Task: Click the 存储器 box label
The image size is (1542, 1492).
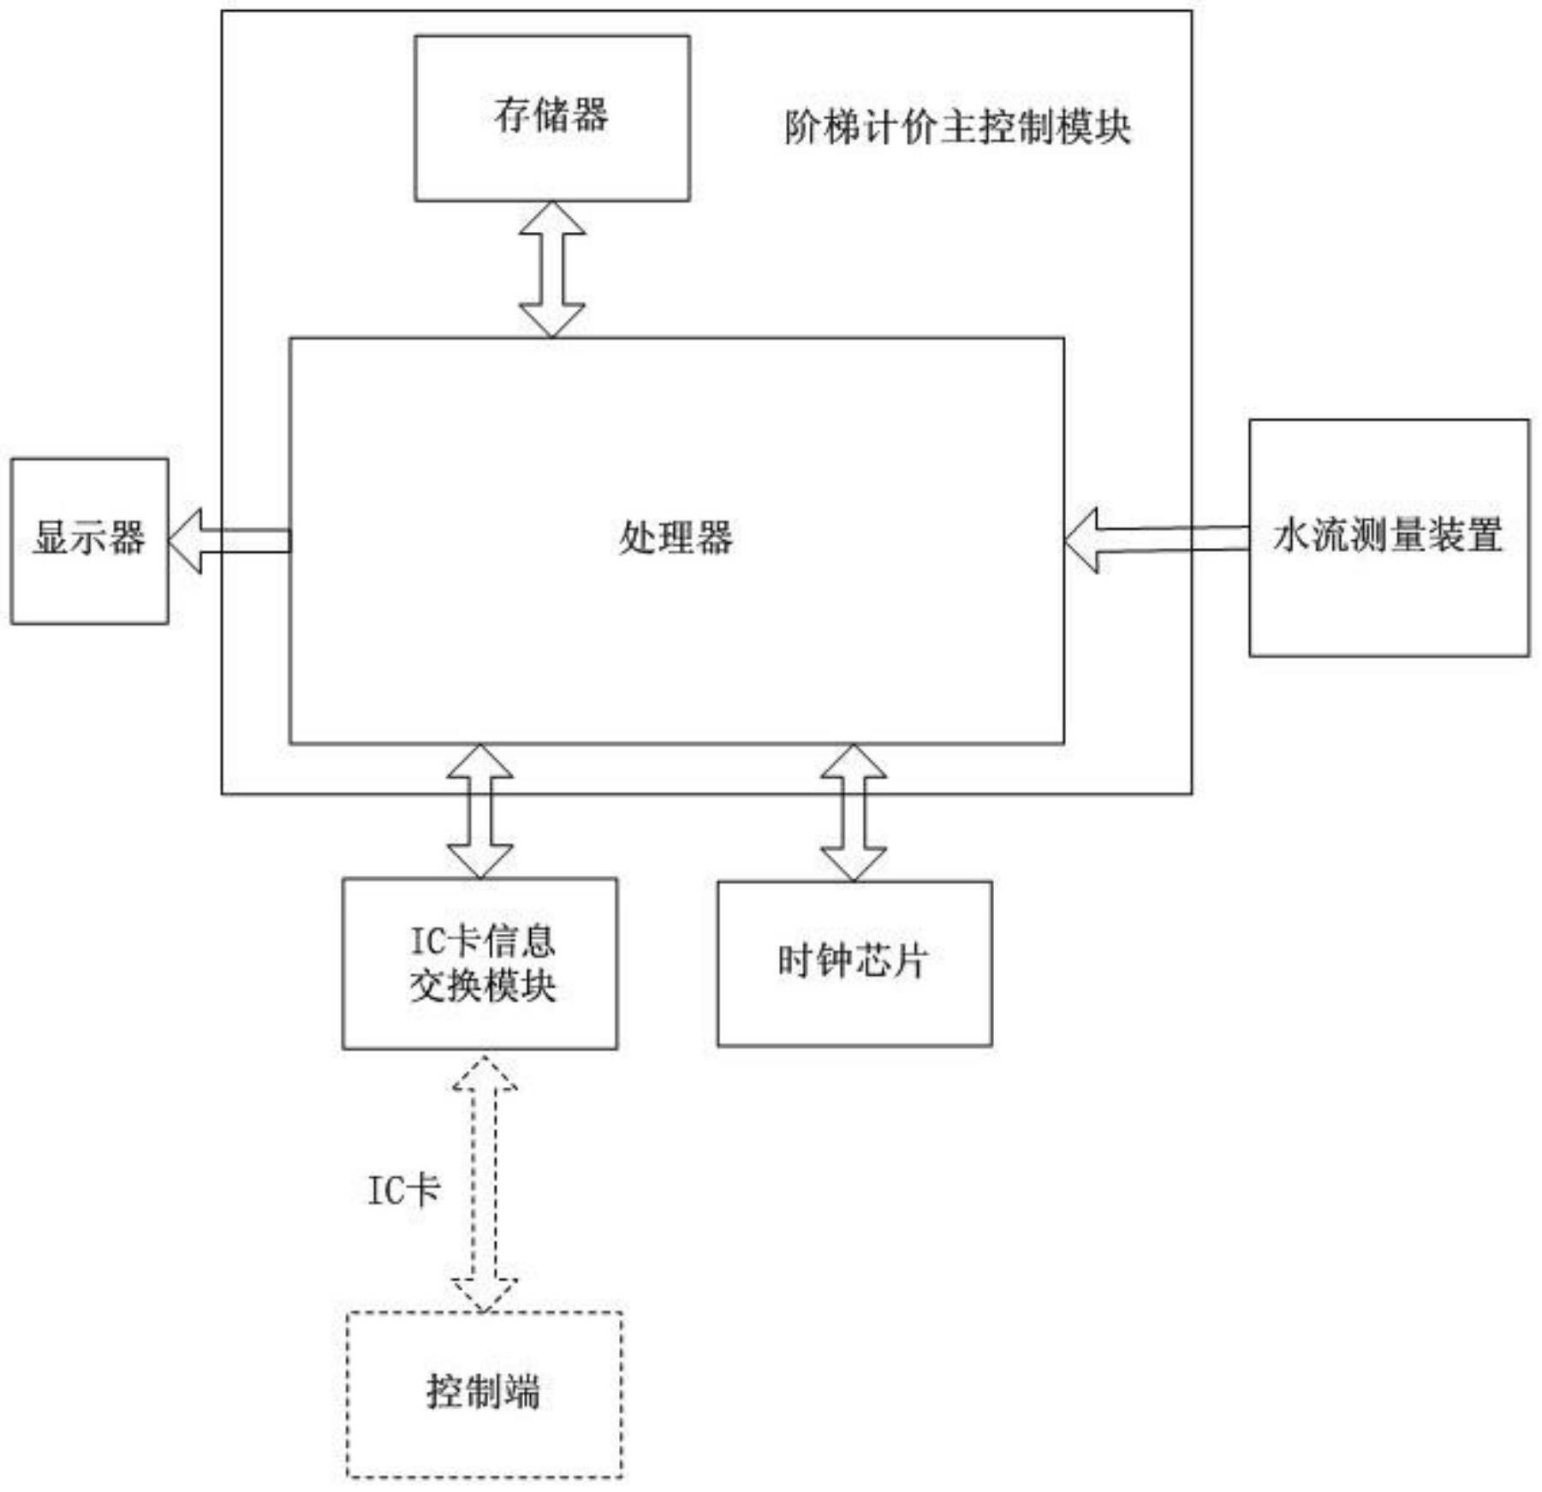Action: click(551, 115)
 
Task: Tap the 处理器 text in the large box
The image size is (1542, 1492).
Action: click(676, 538)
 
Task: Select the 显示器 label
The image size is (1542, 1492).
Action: click(89, 538)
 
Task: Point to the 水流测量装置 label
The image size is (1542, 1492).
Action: click(1387, 535)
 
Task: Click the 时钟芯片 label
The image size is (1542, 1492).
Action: click(853, 960)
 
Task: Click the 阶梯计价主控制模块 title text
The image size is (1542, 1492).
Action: click(957, 128)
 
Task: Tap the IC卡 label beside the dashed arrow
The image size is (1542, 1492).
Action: click(403, 1190)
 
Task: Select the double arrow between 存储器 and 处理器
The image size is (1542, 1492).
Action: click(552, 269)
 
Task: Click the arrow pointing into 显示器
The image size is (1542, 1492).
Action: click(229, 540)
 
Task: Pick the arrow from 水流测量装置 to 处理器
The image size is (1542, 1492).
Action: click(1156, 539)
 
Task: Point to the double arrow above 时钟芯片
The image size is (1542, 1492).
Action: click(853, 811)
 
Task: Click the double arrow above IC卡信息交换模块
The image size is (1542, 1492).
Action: click(480, 811)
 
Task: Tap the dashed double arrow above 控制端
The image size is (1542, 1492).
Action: click(485, 1184)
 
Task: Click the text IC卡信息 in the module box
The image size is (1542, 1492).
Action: click(483, 942)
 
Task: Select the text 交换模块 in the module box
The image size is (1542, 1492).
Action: click(483, 986)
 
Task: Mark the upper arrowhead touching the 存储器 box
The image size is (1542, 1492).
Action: click(552, 217)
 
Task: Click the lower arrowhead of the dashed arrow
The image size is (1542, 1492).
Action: click(485, 1294)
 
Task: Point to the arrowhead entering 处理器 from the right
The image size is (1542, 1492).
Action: click(1082, 539)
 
